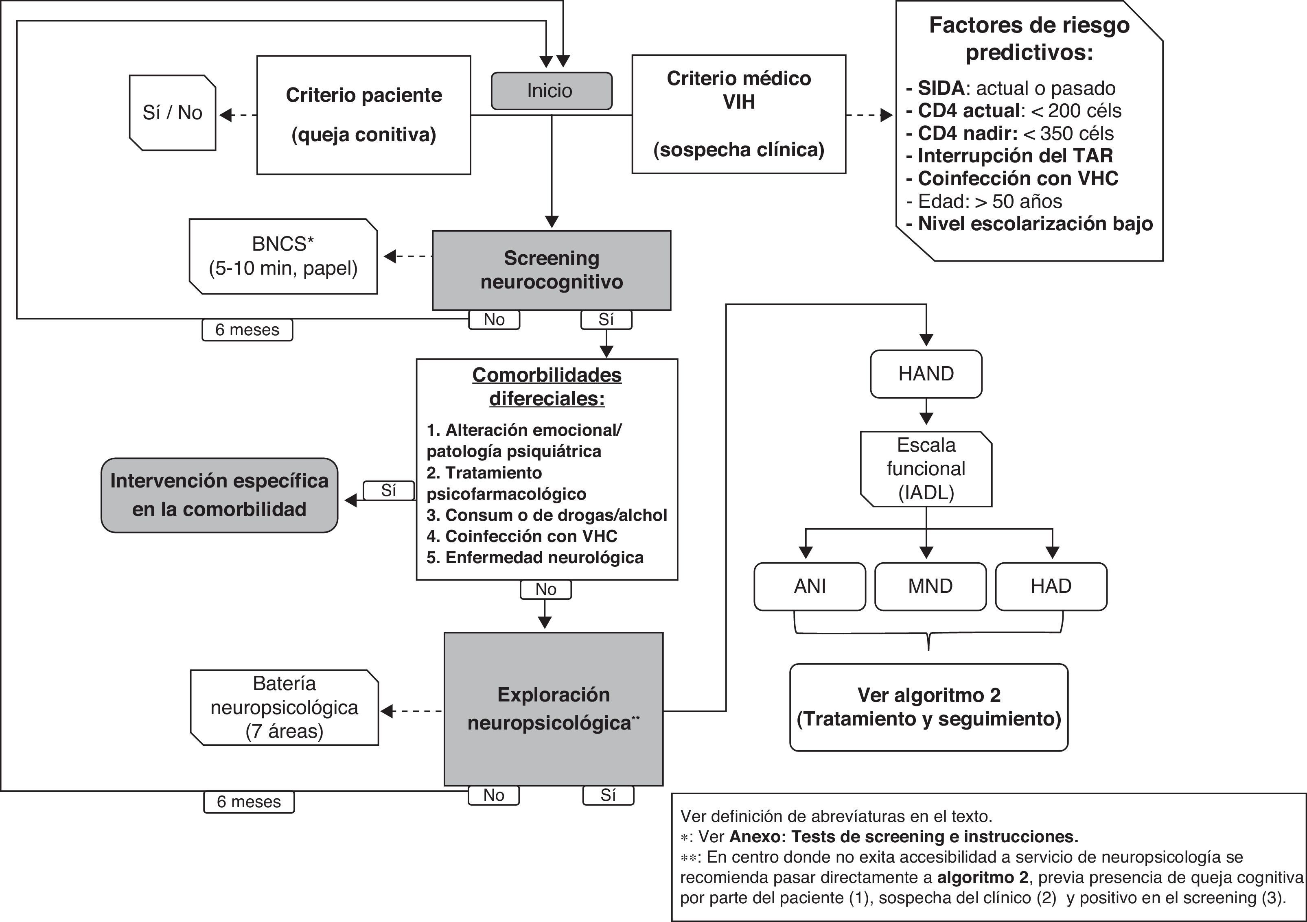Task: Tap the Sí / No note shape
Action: coord(173,113)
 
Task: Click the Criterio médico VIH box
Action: coord(738,114)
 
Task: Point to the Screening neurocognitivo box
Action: coord(551,270)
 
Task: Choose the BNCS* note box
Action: coord(283,256)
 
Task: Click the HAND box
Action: coord(926,374)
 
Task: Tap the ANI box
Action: coord(810,586)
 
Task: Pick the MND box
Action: coord(930,586)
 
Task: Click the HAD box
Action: coord(1051,586)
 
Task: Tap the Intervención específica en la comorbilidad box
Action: coord(219,495)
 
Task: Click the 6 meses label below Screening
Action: coord(247,330)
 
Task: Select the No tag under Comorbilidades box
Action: coord(545,590)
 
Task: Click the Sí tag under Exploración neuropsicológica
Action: coord(608,795)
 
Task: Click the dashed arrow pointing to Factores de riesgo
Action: coord(869,116)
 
